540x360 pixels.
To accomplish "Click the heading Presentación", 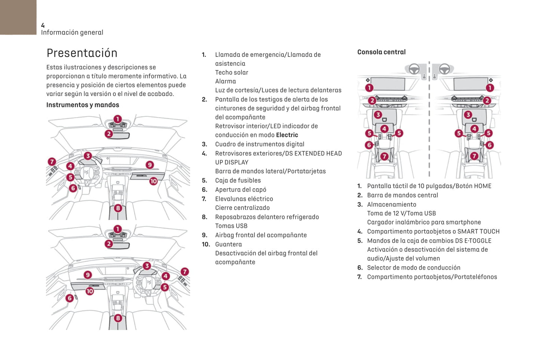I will pos(82,53).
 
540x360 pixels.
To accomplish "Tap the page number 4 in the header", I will pos(43,25).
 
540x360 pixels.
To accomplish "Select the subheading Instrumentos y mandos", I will pos(83,105).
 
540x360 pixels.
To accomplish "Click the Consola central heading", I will pos(381,52).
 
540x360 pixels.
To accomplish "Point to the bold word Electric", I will pos(287,135).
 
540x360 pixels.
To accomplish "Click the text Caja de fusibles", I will pos(238,180).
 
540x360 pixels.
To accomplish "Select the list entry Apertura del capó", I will pos(241,190).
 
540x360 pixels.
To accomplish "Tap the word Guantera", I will pos(228,244).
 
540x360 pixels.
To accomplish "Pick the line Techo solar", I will pos(231,72).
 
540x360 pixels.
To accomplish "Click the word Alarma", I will pos(225,81).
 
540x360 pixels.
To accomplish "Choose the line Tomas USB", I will pos(231,226).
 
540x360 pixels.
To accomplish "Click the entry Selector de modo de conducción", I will pos(413,268).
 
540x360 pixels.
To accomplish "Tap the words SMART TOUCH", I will pos(478,232).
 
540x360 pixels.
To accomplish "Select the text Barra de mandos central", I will pos(402,195).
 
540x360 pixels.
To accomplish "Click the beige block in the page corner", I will pos(18,17).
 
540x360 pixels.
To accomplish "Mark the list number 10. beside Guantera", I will pos(206,244).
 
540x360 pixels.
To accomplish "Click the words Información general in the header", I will pos(72,32).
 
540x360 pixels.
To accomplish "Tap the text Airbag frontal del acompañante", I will pos(261,235).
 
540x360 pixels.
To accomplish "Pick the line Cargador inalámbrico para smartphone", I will pos(424,222).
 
